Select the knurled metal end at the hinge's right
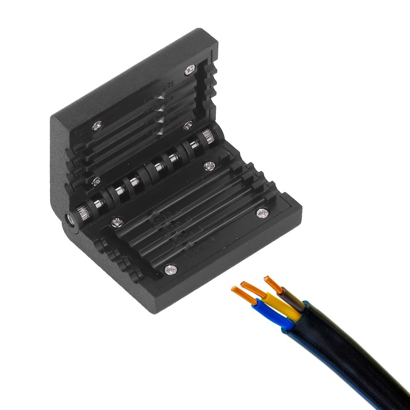208,137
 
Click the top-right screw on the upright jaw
190,69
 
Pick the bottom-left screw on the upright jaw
96,180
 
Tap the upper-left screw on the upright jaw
97,125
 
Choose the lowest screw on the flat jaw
170,268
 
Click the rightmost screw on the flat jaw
262,212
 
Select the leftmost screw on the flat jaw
117,221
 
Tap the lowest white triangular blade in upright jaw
158,132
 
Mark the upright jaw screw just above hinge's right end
188,125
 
